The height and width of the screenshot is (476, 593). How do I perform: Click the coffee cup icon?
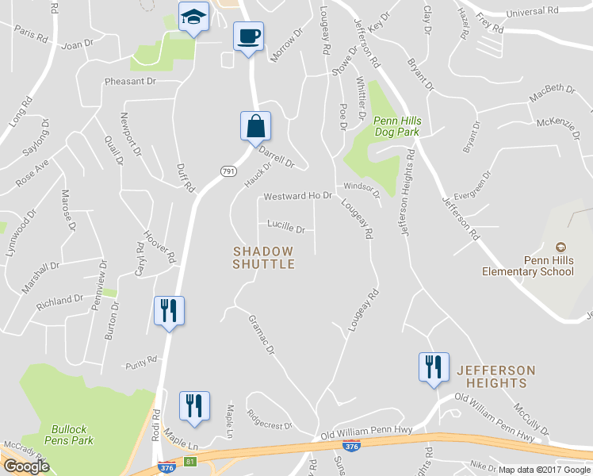click(x=248, y=36)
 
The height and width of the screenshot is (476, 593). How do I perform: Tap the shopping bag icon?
click(x=255, y=126)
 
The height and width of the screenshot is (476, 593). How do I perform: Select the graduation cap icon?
click(x=193, y=17)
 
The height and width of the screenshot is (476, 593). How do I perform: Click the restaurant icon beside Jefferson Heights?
click(x=434, y=367)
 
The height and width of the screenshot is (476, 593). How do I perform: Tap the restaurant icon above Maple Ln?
click(x=193, y=406)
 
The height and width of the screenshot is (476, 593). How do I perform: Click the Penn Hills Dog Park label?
click(x=396, y=126)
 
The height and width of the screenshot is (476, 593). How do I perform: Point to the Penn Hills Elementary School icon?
click(x=561, y=248)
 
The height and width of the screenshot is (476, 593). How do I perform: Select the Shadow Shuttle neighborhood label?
click(x=264, y=257)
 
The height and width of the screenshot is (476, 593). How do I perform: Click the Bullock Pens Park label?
click(x=72, y=434)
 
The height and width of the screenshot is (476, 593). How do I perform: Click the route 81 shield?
click(x=189, y=461)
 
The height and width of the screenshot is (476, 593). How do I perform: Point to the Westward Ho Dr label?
click(x=297, y=195)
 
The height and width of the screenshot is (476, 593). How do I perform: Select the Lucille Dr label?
click(x=286, y=228)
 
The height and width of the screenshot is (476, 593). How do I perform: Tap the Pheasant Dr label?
click(x=130, y=81)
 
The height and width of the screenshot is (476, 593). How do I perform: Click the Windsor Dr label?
click(x=362, y=189)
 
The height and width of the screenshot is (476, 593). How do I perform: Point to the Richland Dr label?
click(x=59, y=301)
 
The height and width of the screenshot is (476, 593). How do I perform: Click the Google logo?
click(x=26, y=466)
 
